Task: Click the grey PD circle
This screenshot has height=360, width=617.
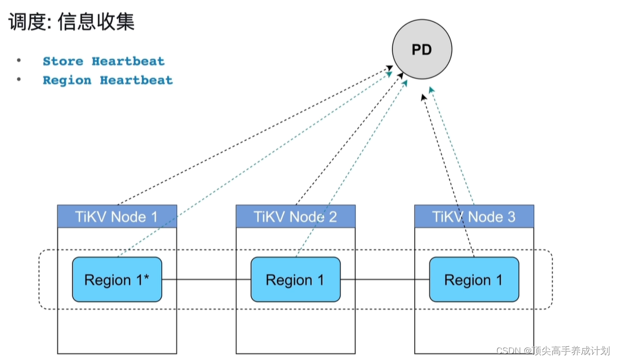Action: pos(422,50)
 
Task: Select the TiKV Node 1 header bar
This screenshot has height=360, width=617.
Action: pos(117,217)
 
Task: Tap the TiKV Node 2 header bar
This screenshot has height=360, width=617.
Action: pos(295,217)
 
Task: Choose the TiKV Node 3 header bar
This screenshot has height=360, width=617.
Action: pos(474,217)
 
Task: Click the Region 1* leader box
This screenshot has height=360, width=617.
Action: pos(117,280)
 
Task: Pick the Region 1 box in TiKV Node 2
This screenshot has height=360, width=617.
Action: pos(295,280)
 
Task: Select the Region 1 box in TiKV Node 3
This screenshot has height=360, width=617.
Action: pos(474,280)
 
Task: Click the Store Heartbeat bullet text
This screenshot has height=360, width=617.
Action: pos(104,61)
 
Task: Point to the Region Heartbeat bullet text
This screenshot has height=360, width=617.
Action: pos(107,80)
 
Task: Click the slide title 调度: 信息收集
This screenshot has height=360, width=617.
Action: pos(72,22)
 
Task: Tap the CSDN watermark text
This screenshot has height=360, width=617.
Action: pos(553,350)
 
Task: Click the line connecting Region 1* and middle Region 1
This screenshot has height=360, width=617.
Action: pos(206,280)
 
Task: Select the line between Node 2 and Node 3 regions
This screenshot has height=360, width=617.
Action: pos(385,280)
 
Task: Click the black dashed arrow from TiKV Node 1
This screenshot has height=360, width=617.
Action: pos(255,135)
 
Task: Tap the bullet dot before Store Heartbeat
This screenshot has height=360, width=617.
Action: pos(19,61)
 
